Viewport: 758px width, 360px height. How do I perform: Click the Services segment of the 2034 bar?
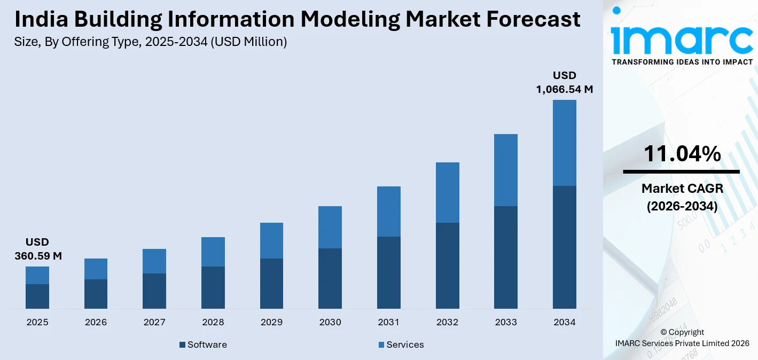[564, 143]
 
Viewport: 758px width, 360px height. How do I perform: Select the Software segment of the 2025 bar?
[37, 296]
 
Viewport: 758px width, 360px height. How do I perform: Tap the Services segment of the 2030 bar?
[330, 227]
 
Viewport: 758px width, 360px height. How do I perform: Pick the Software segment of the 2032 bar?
[447, 265]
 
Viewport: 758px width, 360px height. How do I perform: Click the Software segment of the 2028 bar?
[213, 287]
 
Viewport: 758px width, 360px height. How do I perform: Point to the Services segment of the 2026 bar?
[96, 269]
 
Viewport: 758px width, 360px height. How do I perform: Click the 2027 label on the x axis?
[154, 322]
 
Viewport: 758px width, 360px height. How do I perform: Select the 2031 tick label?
[389, 322]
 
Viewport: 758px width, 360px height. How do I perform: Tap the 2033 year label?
[506, 322]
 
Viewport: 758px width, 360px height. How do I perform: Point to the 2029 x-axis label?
[271, 322]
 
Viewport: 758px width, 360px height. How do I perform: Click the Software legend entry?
[203, 345]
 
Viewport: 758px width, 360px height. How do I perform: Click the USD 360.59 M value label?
[37, 249]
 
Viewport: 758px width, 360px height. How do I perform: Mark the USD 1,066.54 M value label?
[565, 82]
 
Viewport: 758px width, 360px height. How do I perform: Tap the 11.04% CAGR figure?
[682, 154]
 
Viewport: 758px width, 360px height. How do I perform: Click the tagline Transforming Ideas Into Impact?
[682, 62]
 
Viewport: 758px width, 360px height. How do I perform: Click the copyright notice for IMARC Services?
[682, 338]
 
